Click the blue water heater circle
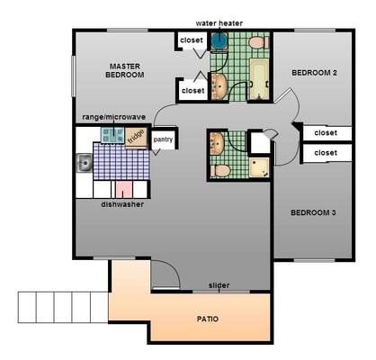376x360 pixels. click(x=219, y=40)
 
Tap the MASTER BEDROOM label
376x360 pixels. click(x=125, y=70)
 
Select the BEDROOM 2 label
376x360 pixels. click(x=314, y=73)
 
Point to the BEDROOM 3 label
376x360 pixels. click(x=313, y=212)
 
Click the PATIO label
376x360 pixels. click(x=208, y=319)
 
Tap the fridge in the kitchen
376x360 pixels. click(x=136, y=138)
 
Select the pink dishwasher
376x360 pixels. click(x=124, y=189)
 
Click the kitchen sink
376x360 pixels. click(x=85, y=163)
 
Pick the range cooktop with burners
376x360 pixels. click(x=112, y=135)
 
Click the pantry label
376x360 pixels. click(x=163, y=139)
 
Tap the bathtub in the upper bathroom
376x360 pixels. click(x=259, y=79)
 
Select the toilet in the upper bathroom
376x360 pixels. click(x=259, y=42)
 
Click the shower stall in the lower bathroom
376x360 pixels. click(x=259, y=167)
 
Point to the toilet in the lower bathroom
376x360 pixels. click(x=220, y=171)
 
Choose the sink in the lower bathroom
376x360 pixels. click(x=217, y=144)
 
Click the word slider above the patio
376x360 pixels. click(x=219, y=285)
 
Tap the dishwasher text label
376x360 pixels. click(x=122, y=204)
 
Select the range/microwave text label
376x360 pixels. click(x=114, y=117)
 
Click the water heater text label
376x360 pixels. click(x=219, y=23)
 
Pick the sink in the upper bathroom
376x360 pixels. click(x=219, y=86)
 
